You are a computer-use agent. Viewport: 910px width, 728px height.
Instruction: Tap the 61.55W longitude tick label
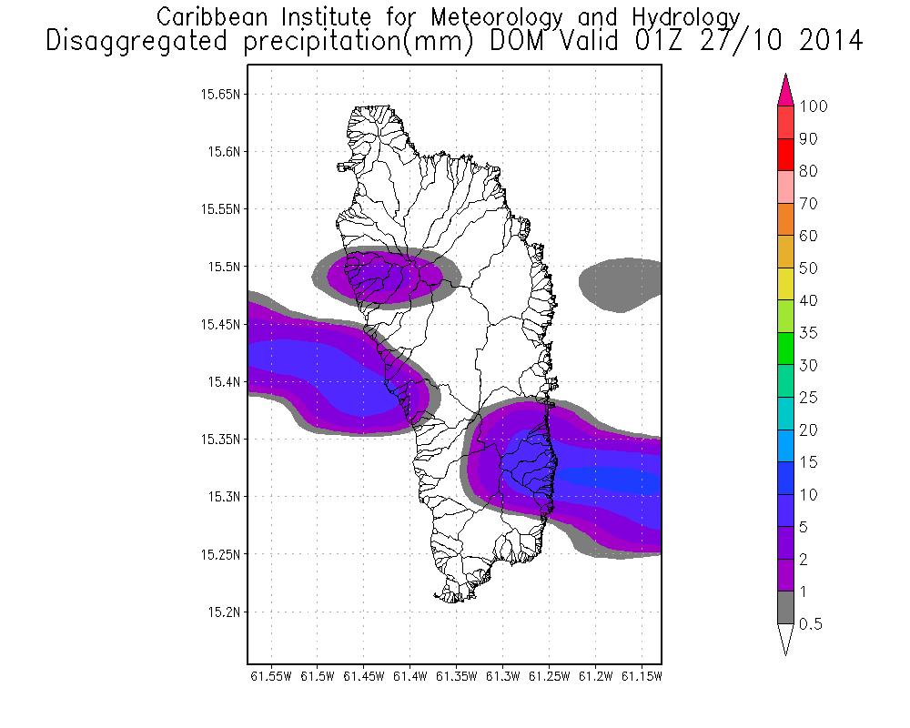[x=271, y=676]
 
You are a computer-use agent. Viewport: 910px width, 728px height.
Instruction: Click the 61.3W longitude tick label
[x=503, y=676]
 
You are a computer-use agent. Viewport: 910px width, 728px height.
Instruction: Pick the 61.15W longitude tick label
[x=642, y=676]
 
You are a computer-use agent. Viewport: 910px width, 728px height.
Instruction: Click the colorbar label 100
[x=813, y=106]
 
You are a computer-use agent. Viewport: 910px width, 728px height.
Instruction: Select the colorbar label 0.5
[x=810, y=623]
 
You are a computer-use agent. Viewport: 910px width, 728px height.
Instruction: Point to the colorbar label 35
[x=807, y=333]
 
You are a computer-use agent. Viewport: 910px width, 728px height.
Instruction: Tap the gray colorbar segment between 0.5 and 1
[x=786, y=607]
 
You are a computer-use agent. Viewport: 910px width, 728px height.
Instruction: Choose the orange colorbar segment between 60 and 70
[x=786, y=219]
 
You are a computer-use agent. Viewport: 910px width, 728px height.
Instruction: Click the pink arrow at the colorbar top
[x=786, y=92]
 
